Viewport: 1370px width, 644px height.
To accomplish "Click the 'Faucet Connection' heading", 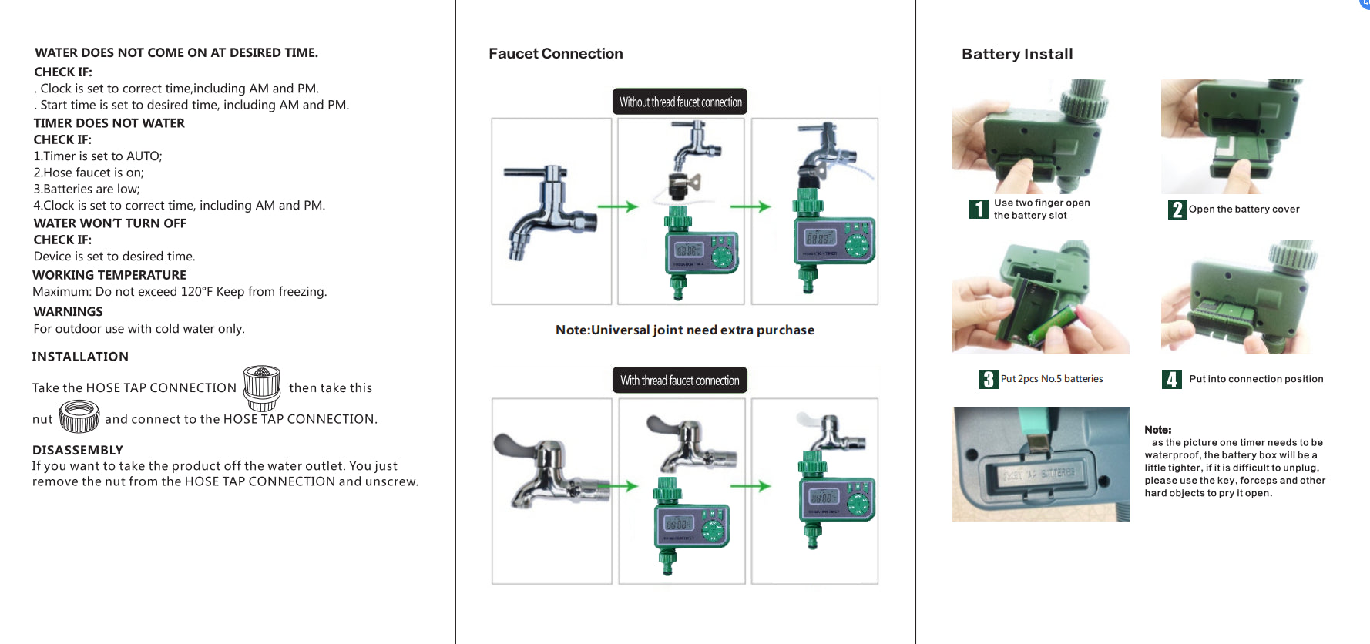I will [556, 54].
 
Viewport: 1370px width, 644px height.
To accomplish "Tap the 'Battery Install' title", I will [1017, 54].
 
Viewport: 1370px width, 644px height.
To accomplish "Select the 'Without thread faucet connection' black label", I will [680, 102].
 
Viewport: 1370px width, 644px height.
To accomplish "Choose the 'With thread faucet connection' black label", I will [680, 381].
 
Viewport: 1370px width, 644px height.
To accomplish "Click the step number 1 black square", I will [978, 210].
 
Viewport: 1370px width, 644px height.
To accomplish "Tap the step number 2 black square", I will [1177, 210].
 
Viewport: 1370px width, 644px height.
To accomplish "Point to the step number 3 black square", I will [989, 379].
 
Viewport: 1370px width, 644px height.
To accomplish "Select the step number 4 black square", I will [1171, 379].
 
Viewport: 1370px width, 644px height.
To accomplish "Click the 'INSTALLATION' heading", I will [80, 357].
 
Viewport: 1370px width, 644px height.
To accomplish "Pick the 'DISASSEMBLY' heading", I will [78, 450].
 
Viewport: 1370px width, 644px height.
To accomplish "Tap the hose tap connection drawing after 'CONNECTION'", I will [262, 387].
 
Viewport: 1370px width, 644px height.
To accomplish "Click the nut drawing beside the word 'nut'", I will [79, 417].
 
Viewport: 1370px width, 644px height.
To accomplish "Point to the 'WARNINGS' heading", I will [68, 312].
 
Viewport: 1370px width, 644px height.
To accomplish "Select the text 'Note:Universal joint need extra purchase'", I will [684, 330].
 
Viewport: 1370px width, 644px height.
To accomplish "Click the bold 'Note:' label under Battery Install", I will [1157, 430].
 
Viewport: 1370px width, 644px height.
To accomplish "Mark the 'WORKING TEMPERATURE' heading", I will [109, 275].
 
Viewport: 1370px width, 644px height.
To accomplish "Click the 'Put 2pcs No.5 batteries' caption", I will [1051, 379].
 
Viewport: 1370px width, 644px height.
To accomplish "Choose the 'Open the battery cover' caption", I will [1244, 210].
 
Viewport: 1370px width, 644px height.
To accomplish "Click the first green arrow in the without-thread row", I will [617, 206].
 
